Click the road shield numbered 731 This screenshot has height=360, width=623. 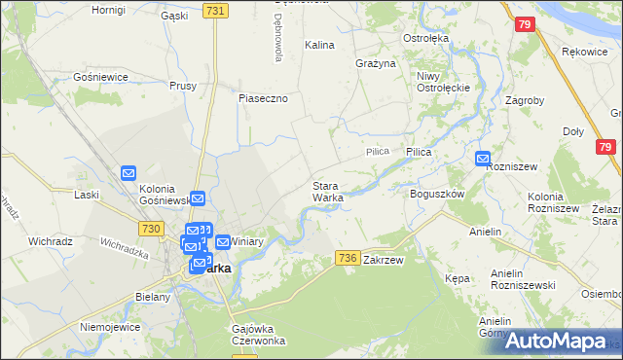pos(216,10)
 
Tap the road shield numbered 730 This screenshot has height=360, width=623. pos(150,228)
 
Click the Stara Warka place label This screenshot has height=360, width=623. pos(327,192)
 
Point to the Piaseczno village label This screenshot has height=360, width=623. pos(264,98)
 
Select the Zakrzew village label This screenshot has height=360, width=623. pos(383,261)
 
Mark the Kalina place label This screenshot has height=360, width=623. pos(319,45)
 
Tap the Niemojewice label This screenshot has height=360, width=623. pos(105,327)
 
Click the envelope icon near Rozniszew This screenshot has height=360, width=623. pos(484,159)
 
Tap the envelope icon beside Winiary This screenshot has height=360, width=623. pos(222,241)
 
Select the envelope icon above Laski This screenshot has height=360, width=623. pos(129,174)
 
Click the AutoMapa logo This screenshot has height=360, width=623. pos(563,342)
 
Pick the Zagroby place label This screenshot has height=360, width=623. pos(526,99)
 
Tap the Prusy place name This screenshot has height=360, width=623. pos(183,86)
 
